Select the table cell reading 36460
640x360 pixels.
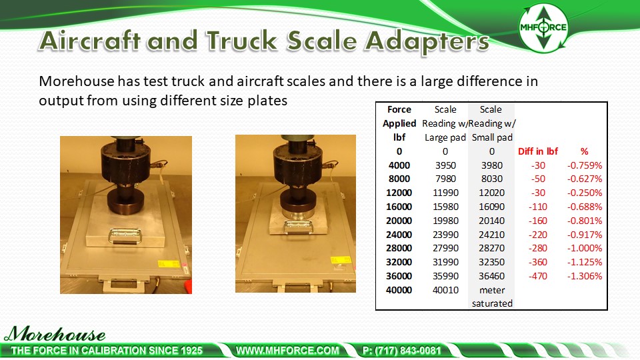[491, 276]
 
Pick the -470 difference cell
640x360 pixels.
[537, 276]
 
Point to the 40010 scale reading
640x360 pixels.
[445, 290]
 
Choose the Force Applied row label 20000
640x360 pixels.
[399, 221]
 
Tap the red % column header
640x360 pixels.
[585, 151]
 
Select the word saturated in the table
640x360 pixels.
[491, 303]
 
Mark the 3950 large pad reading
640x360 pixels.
[445, 165]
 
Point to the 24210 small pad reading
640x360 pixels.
[491, 235]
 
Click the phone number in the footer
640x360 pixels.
[402, 350]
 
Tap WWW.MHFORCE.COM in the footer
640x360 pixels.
[288, 350]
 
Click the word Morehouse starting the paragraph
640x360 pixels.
[77, 82]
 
